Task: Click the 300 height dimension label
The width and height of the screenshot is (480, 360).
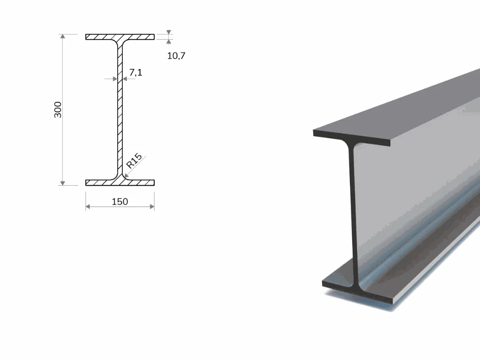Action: (58, 110)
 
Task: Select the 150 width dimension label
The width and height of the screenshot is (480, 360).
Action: (120, 202)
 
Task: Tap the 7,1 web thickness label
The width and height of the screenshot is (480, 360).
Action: (135, 72)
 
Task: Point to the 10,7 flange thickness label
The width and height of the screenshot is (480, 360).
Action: (176, 55)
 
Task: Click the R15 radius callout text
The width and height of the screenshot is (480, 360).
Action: (134, 161)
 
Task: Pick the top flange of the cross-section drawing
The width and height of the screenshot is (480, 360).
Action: (120, 37)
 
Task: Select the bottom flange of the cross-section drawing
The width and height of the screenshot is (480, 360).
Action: (120, 182)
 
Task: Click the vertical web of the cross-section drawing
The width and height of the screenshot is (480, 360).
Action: (120, 110)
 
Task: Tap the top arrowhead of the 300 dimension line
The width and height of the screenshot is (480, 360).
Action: (62, 36)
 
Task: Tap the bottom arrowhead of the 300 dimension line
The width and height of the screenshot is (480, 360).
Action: (62, 183)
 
